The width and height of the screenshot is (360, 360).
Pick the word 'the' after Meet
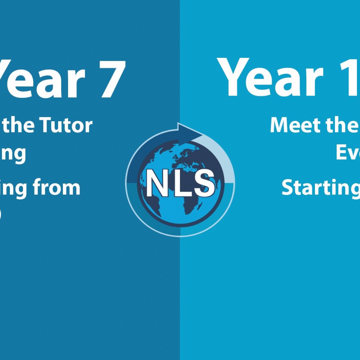coord(343,125)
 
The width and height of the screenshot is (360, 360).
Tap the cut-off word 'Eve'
coord(348,152)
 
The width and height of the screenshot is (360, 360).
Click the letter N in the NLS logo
coord(157,183)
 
